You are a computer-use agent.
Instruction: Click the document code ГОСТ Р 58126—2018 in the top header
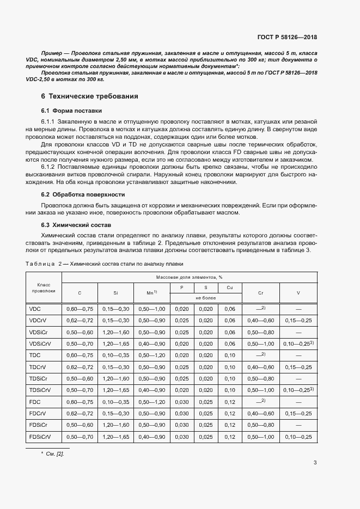point(287,38)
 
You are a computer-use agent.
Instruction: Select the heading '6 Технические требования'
point(90,96)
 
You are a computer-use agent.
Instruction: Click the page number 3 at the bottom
point(315,463)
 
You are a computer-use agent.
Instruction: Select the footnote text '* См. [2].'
point(52,453)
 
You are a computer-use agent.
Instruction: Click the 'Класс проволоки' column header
point(44,288)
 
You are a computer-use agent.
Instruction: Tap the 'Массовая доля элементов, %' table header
point(189,277)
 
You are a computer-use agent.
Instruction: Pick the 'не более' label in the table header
point(206,298)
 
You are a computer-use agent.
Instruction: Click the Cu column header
point(230,287)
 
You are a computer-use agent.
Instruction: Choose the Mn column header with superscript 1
point(152,293)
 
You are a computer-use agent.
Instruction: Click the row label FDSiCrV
point(40,438)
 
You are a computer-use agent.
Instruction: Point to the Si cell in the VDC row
point(115,309)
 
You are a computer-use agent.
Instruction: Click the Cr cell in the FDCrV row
point(260,414)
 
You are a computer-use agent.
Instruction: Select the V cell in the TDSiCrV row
point(298,390)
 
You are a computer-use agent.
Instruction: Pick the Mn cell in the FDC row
point(152,402)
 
